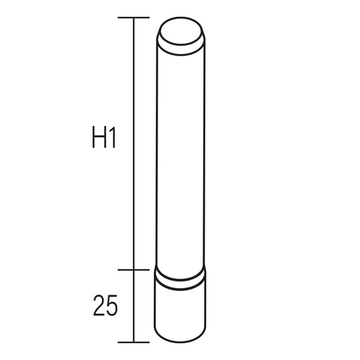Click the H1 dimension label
tap(103, 139)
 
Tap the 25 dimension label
tap(103, 306)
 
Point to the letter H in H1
tap(98, 139)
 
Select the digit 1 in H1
tap(112, 139)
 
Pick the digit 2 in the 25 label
tap(97, 306)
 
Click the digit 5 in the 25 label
tap(110, 306)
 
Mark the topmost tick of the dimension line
tap(133, 17)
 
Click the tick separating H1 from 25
tap(133, 269)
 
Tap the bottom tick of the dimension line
tap(133, 342)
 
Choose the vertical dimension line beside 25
tap(133, 306)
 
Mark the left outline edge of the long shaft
tap(157, 155)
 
